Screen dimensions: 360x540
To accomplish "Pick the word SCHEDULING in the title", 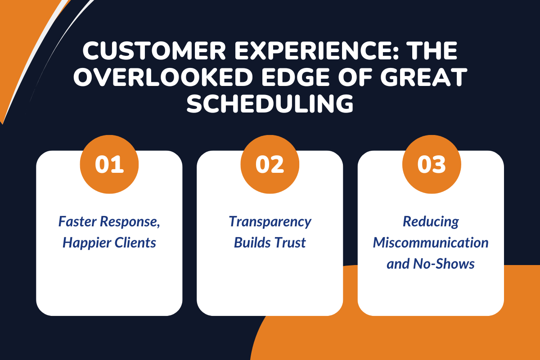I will coord(270,104).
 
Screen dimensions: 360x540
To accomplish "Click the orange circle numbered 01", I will coord(109,165).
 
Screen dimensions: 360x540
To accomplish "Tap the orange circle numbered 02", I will coord(270,165).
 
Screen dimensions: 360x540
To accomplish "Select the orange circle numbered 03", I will coord(431,165).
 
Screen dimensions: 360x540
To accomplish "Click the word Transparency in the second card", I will coord(270,222).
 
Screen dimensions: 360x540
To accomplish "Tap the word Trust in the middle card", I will coord(291,243).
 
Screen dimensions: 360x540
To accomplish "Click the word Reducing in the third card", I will coord(431,222).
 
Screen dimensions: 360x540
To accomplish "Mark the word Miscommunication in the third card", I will coord(431,243).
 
